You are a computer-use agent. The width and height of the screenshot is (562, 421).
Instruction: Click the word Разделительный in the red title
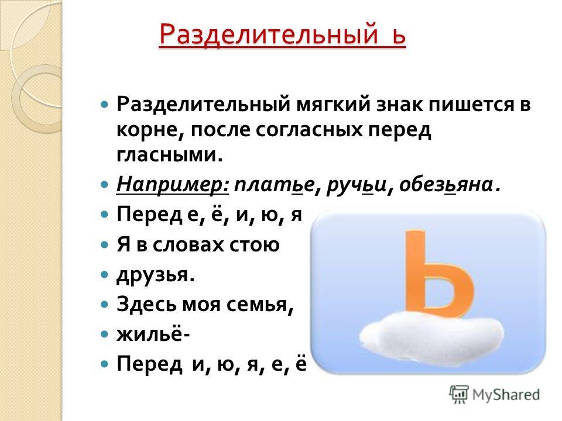pos(269,34)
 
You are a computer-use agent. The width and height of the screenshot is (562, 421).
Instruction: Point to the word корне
pos(150,130)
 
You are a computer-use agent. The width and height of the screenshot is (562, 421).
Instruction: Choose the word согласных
pos(309,130)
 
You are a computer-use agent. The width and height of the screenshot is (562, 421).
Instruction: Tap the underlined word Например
pos(172,185)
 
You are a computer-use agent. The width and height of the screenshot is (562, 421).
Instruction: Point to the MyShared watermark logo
pos(495,395)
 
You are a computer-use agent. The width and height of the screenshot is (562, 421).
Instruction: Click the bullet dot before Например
pos(105,185)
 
